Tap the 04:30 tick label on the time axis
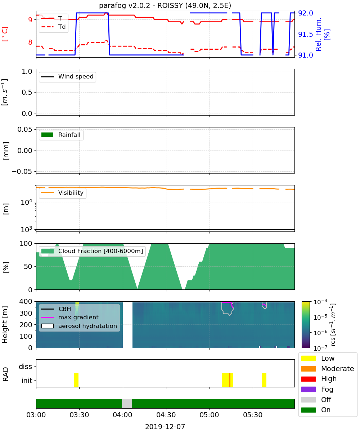pyautogui.click(x=166, y=415)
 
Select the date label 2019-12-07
pyautogui.click(x=165, y=427)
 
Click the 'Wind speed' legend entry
pyautogui.click(x=67, y=77)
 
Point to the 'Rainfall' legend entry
pyautogui.click(x=61, y=135)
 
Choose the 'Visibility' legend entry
pyautogui.click(x=62, y=193)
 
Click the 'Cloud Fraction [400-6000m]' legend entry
pyautogui.click(x=92, y=251)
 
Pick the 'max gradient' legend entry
pyautogui.click(x=70, y=317)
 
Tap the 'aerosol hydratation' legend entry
pyautogui.click(x=79, y=326)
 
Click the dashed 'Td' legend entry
pyautogui.click(x=53, y=27)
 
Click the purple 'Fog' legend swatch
pyautogui.click(x=308, y=389)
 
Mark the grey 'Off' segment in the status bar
pyautogui.click(x=127, y=404)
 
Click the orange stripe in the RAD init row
pyautogui.click(x=230, y=380)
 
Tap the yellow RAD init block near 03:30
pyautogui.click(x=76, y=380)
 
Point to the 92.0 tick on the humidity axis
pyautogui.click(x=305, y=13)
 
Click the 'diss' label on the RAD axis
pyautogui.click(x=25, y=366)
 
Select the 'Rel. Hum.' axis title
pyautogui.click(x=318, y=34)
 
